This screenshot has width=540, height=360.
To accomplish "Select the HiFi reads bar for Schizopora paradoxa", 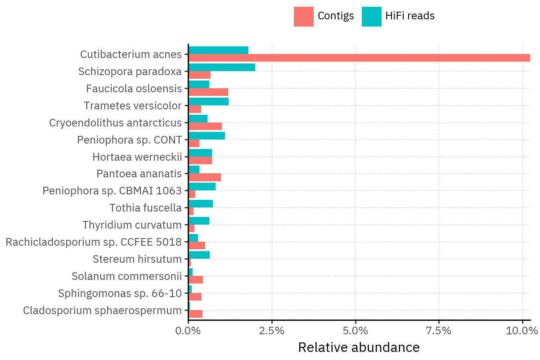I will pyautogui.click(x=222, y=67).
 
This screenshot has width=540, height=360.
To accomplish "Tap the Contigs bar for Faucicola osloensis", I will pyautogui.click(x=208, y=92).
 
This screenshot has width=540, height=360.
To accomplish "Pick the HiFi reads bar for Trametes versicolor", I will pyautogui.click(x=208, y=101).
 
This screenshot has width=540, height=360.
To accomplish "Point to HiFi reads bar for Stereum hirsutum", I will pyautogui.click(x=199, y=255).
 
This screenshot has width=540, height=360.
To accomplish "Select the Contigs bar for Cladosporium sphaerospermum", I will pyautogui.click(x=195, y=314).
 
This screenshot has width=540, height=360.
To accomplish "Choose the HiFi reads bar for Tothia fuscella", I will pyautogui.click(x=201, y=204).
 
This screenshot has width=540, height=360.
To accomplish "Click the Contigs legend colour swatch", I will pyautogui.click(x=303, y=17).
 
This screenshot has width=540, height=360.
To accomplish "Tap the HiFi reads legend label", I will pyautogui.click(x=409, y=16).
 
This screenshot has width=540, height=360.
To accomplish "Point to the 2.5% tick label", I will pyautogui.click(x=272, y=331).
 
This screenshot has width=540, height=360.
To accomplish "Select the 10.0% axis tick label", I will pyautogui.click(x=522, y=331).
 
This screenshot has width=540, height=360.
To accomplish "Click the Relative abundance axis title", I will pyautogui.click(x=359, y=348).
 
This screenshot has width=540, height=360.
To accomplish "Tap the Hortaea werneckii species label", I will pyautogui.click(x=137, y=157).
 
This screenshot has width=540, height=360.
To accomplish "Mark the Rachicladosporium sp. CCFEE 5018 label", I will pyautogui.click(x=94, y=242).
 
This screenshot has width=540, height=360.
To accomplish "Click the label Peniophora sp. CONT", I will pyautogui.click(x=129, y=140).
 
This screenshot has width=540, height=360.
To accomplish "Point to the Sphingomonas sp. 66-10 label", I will pyautogui.click(x=120, y=293).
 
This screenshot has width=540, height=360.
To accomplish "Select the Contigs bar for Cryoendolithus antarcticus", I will pyautogui.click(x=205, y=126).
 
